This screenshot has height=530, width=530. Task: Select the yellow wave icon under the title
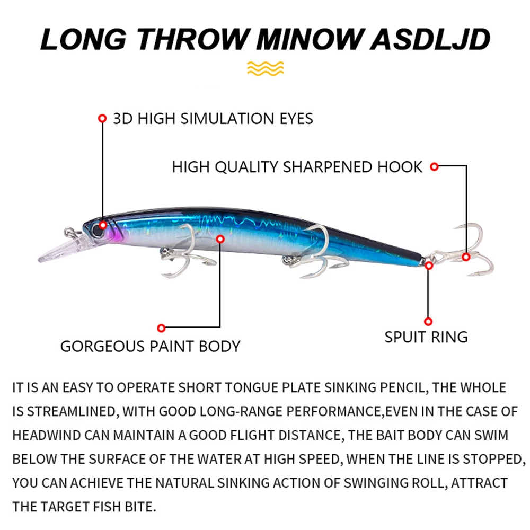[266, 68]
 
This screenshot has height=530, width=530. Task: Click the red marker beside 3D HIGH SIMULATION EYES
[102, 118]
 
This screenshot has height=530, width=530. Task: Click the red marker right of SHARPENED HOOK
[434, 167]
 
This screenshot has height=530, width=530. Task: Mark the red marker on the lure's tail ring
[429, 265]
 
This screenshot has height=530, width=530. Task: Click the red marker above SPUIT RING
[429, 321]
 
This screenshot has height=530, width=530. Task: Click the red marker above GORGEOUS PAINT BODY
[162, 328]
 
